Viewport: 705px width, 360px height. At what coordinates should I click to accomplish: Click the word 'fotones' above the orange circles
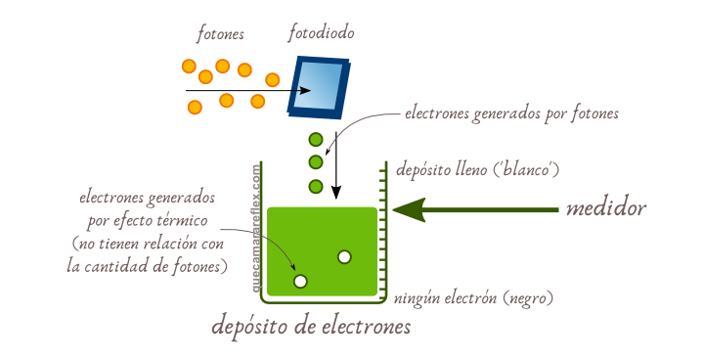pyautogui.click(x=220, y=34)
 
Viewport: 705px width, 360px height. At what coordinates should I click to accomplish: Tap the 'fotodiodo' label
pyautogui.click(x=321, y=34)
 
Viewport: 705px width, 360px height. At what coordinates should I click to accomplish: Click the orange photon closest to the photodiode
pyautogui.click(x=272, y=80)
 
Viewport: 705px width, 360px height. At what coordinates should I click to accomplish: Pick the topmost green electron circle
pyautogui.click(x=316, y=140)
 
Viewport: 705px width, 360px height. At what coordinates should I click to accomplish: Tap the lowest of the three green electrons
pyautogui.click(x=316, y=186)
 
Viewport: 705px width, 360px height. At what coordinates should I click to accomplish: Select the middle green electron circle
pyautogui.click(x=316, y=162)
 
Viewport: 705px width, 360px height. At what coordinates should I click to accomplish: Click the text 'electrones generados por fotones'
pyautogui.click(x=511, y=113)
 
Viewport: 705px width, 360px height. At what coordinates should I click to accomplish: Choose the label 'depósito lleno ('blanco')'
pyautogui.click(x=476, y=170)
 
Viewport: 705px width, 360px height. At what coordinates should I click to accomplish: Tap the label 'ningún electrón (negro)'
pyautogui.click(x=473, y=298)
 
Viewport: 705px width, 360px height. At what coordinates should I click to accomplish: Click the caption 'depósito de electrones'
pyautogui.click(x=311, y=327)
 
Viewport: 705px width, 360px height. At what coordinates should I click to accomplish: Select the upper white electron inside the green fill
pyautogui.click(x=344, y=256)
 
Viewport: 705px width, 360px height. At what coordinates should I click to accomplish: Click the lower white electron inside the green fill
pyautogui.click(x=300, y=282)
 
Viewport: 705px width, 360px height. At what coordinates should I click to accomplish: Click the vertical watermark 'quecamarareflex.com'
pyautogui.click(x=256, y=230)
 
